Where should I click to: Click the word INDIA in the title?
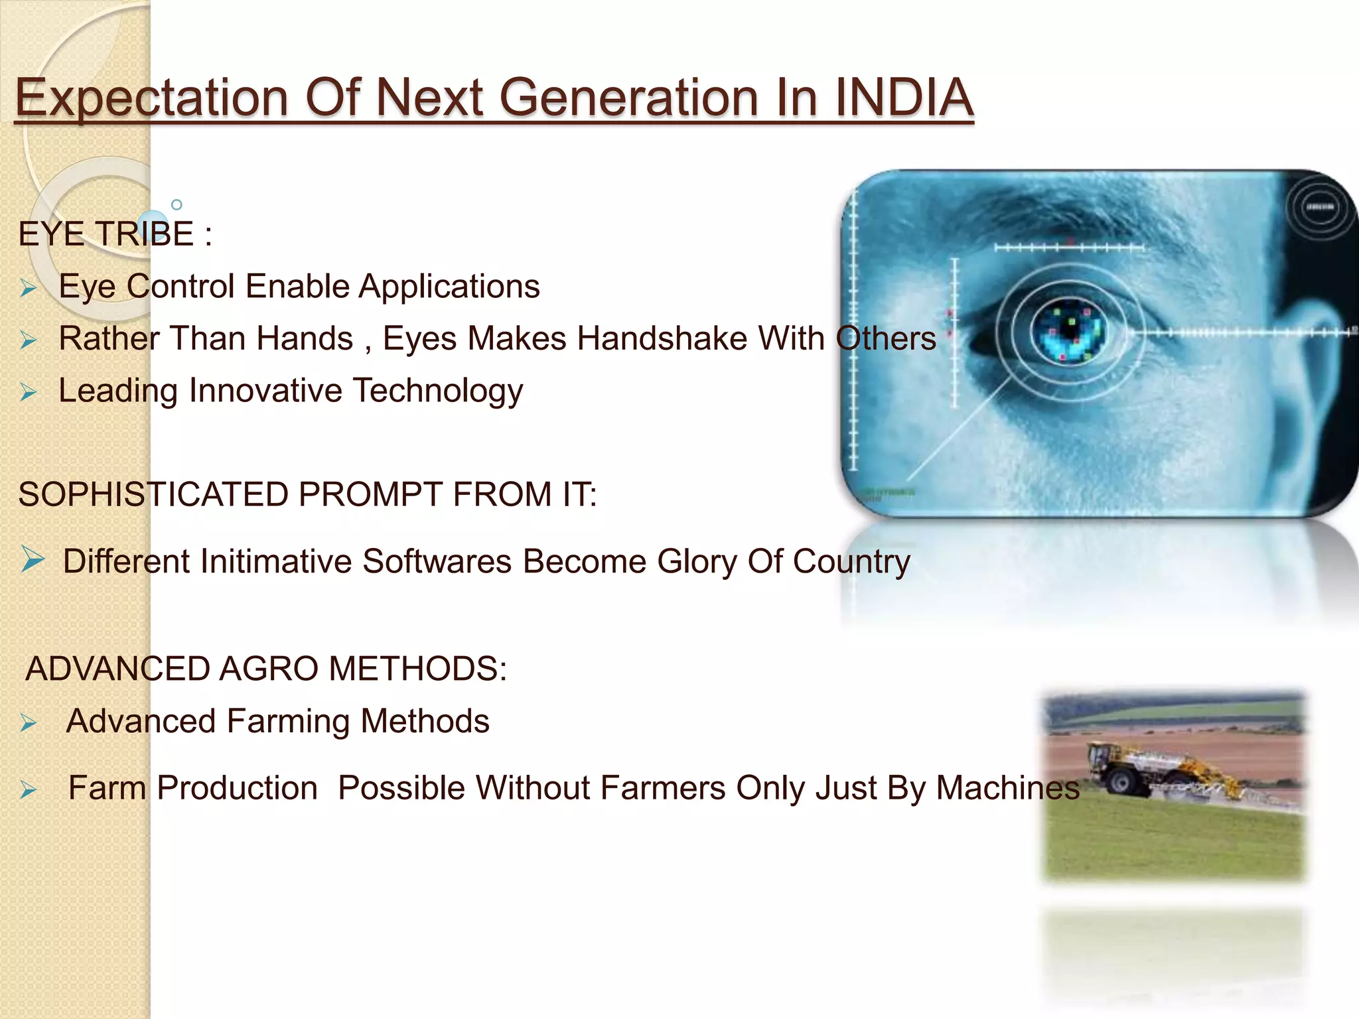(x=903, y=98)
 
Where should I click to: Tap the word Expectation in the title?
(x=151, y=98)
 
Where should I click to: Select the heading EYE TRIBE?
(x=106, y=234)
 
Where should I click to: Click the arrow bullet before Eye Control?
(x=28, y=289)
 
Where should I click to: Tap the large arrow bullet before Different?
(x=33, y=559)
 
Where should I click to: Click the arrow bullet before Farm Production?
(x=28, y=790)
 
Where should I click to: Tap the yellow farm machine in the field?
(x=1128, y=770)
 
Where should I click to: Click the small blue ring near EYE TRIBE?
(x=177, y=204)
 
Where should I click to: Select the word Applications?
(x=449, y=287)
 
